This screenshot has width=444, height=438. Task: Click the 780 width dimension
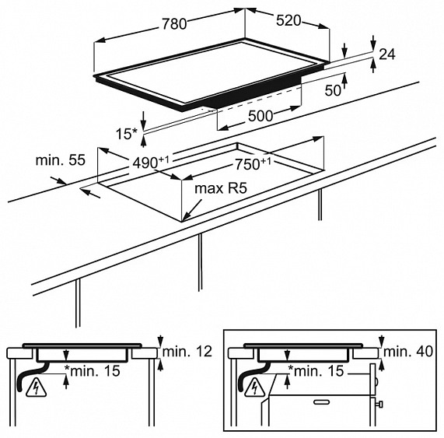[174, 24]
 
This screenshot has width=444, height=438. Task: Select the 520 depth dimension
[288, 21]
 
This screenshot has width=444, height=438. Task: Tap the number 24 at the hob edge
[386, 54]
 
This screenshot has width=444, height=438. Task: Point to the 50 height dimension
[333, 90]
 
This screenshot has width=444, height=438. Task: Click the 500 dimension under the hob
[260, 116]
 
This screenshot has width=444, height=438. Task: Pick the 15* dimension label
[127, 134]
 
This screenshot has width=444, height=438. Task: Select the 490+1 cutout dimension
[151, 163]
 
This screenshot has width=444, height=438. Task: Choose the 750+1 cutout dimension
[253, 164]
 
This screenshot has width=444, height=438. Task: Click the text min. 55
[61, 160]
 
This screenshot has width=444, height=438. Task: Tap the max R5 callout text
[221, 188]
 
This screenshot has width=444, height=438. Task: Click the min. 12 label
[187, 352]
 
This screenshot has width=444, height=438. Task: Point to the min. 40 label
[408, 352]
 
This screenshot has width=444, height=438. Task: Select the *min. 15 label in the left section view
[93, 371]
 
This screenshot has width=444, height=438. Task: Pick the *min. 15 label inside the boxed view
[316, 371]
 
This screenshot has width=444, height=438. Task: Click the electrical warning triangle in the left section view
[37, 387]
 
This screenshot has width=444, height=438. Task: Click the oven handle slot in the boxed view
[321, 401]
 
